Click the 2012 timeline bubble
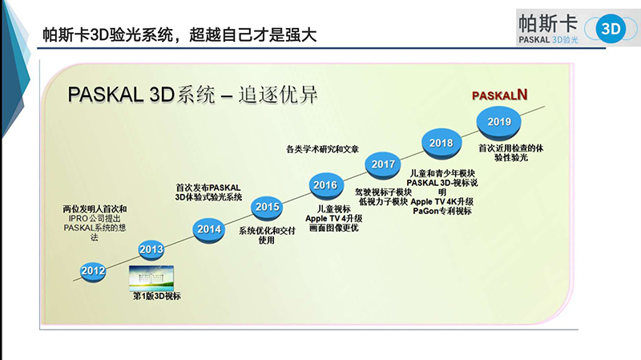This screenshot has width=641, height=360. pyautogui.click(x=94, y=270)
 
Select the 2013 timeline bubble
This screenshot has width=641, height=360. pyautogui.click(x=151, y=249)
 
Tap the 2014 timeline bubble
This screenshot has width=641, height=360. pyautogui.click(x=209, y=229)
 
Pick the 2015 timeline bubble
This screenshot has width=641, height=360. pyautogui.click(x=267, y=208)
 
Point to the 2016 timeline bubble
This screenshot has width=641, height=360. pyautogui.click(x=325, y=186)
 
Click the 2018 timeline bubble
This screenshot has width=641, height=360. pyautogui.click(x=441, y=143)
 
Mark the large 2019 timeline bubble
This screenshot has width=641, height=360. pyautogui.click(x=499, y=121)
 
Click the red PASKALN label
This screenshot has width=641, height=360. pyautogui.click(x=498, y=95)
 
